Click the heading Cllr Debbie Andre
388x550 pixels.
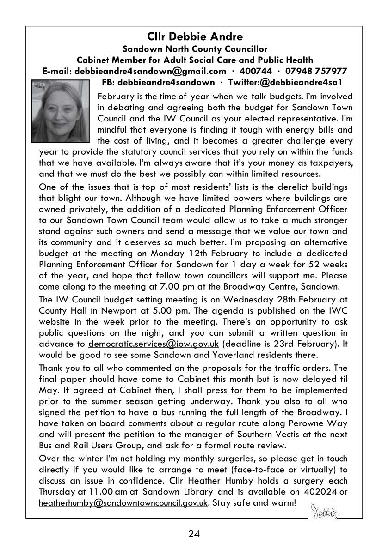click(194, 36)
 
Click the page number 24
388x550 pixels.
click(194, 534)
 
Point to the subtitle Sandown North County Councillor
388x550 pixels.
click(194, 49)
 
